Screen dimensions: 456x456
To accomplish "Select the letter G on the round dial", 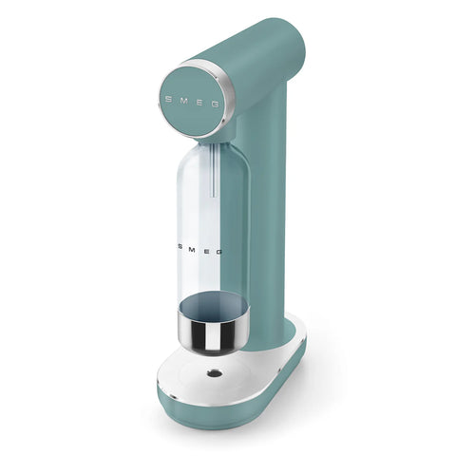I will pos(215,99).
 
